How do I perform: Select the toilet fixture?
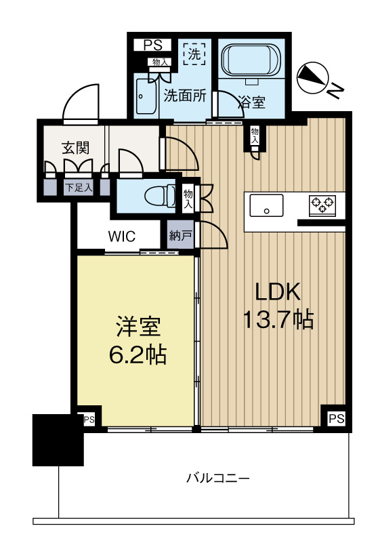coord(157,196)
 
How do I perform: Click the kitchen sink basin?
coord(267,204)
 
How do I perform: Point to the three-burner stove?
coord(322,202)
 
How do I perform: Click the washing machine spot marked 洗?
coord(195,52)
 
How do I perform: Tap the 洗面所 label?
coord(186,96)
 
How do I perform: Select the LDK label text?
coord(277,291)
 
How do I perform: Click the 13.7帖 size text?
coord(278,319)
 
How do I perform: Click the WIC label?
coord(123,237)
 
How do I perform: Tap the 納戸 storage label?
coord(181,237)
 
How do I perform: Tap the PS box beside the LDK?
coord(336,419)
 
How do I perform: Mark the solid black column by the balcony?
coord(57,440)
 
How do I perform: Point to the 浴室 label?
coord(251,103)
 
